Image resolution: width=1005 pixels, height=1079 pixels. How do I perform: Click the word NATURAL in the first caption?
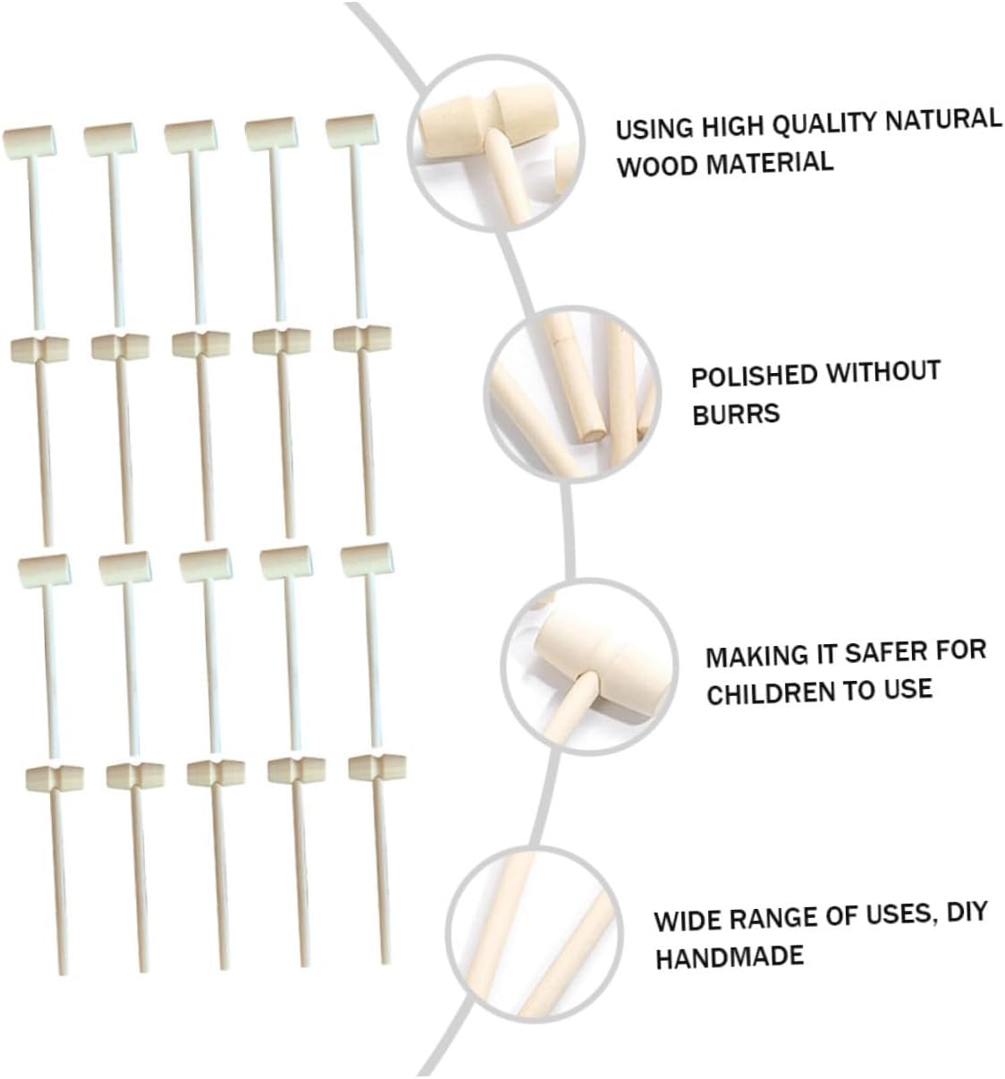pos(942,120)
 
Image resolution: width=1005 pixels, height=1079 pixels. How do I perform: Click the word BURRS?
pos(736,414)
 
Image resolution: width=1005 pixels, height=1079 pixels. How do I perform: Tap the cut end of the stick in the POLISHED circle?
pos(592,434)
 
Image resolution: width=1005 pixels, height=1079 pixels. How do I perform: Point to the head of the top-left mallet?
pos(30,142)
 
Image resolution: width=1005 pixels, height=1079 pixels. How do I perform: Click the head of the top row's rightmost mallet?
pos(351,131)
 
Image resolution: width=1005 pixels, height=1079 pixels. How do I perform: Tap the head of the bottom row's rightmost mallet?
pos(376,767)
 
